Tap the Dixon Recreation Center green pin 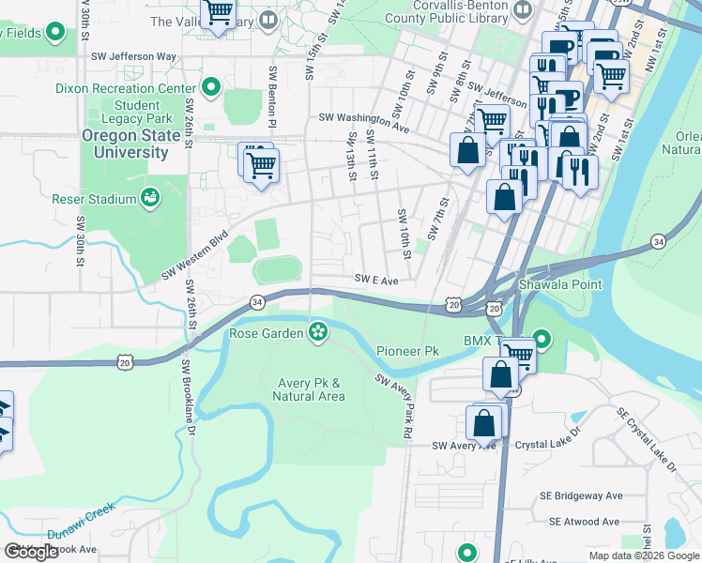(211, 88)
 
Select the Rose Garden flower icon (318, 331)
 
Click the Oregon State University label (125, 144)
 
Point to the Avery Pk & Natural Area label (310, 389)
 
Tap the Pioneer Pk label (407, 351)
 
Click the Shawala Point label (560, 284)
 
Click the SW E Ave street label (376, 280)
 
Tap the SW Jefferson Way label (133, 56)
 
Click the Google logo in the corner (31, 553)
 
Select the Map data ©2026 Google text (644, 555)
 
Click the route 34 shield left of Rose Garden (256, 302)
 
